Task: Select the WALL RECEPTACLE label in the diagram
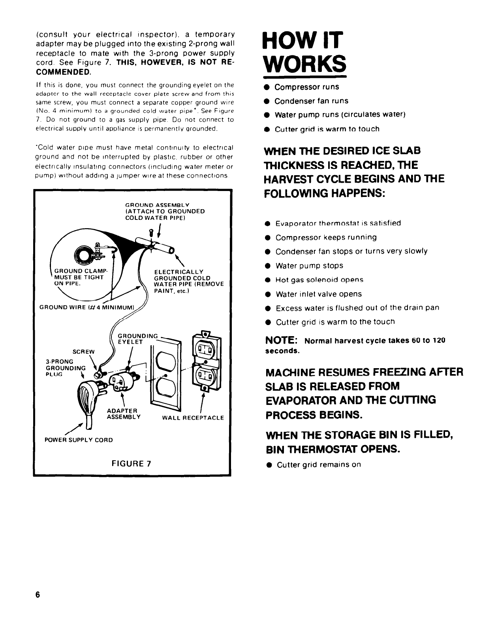(x=193, y=418)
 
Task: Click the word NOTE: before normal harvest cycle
(x=281, y=340)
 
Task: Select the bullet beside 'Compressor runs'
(x=267, y=87)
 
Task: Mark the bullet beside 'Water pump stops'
(x=268, y=266)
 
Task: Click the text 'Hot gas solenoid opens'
(x=319, y=280)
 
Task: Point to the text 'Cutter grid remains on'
(x=319, y=465)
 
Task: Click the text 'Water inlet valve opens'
(x=319, y=294)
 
